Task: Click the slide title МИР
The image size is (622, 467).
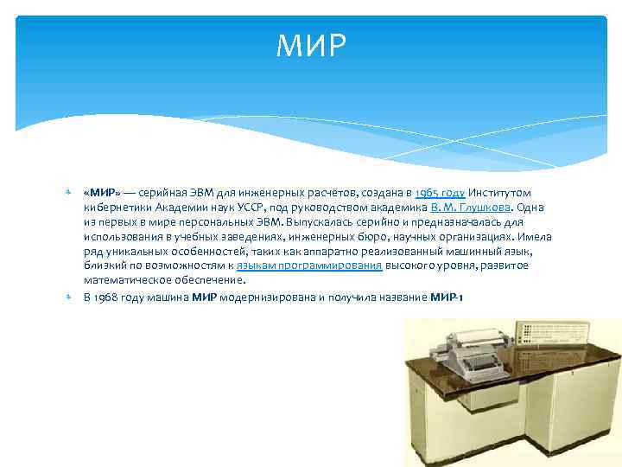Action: [x=311, y=48]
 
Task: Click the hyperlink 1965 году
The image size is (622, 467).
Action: [x=440, y=193]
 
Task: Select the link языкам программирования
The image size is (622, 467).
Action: [x=309, y=265]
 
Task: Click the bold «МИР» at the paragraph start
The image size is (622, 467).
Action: [x=102, y=193]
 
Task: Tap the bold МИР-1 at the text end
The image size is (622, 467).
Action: [x=447, y=297]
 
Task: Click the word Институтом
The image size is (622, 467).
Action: [x=501, y=193]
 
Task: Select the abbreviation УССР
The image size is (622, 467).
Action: [x=245, y=208]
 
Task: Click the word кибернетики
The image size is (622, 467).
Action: [x=112, y=208]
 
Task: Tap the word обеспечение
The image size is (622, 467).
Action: [x=211, y=280]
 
